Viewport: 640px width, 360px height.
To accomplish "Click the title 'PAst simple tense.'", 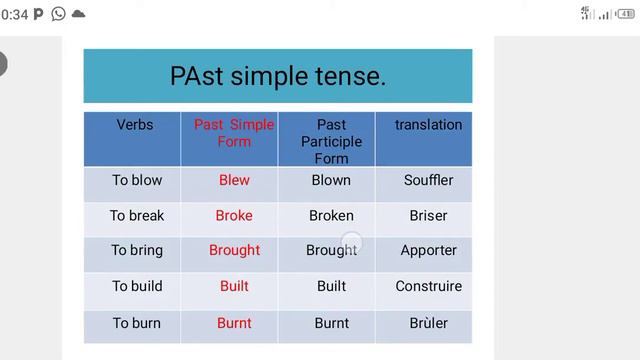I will (x=277, y=76).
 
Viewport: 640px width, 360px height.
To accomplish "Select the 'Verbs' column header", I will (x=135, y=125).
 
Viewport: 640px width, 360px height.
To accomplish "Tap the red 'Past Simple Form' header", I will (x=234, y=133).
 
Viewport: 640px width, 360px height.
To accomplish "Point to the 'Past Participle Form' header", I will (x=331, y=141).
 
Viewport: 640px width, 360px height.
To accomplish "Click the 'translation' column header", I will (x=428, y=125).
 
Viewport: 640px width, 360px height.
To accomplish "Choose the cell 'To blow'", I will (x=137, y=180).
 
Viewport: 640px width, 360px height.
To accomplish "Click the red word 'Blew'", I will (x=234, y=180).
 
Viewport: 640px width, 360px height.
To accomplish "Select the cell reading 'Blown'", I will (x=331, y=180).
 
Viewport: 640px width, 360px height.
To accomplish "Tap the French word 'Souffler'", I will (x=428, y=180).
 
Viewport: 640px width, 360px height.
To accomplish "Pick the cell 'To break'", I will (x=137, y=215).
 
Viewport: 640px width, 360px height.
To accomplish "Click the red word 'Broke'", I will (x=234, y=215).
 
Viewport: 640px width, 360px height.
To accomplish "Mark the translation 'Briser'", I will (x=428, y=215).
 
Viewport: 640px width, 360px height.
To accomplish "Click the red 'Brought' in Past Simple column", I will (x=234, y=250).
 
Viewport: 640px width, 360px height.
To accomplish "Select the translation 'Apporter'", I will (x=428, y=250).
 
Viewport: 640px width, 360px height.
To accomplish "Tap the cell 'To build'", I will (x=137, y=286).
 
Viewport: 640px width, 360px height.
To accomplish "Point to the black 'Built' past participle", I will (x=331, y=286).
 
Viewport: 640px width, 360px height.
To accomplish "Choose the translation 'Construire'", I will (x=428, y=286).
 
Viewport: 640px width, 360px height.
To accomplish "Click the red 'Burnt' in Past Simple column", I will (x=234, y=323).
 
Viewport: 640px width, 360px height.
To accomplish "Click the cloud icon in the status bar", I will (x=78, y=14).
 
